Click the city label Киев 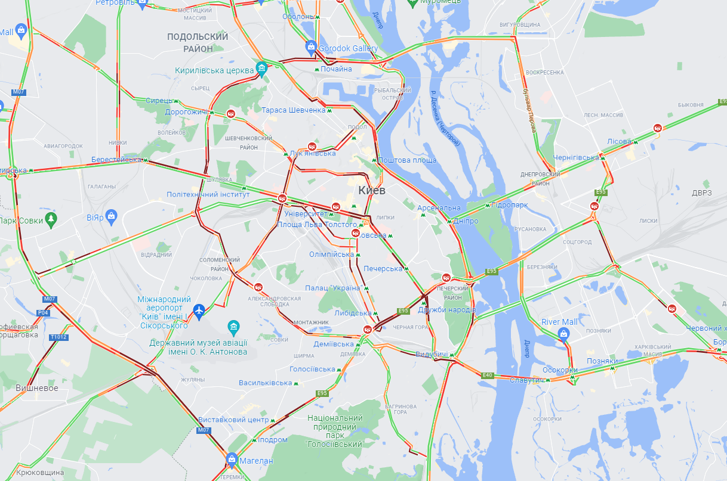[x=372, y=190]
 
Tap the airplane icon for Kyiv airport [x=199, y=310]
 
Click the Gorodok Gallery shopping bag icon [x=310, y=46]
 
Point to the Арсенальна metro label [x=439, y=208]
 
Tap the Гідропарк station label [x=510, y=205]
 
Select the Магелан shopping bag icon [x=232, y=459]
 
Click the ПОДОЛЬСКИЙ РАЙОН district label [x=198, y=42]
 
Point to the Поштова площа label [x=407, y=160]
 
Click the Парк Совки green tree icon [x=51, y=219]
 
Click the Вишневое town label [x=37, y=388]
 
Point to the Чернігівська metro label [x=575, y=157]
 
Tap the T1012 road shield [x=58, y=337]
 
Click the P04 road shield [x=43, y=312]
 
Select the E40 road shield [x=487, y=375]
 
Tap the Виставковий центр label [x=233, y=420]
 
